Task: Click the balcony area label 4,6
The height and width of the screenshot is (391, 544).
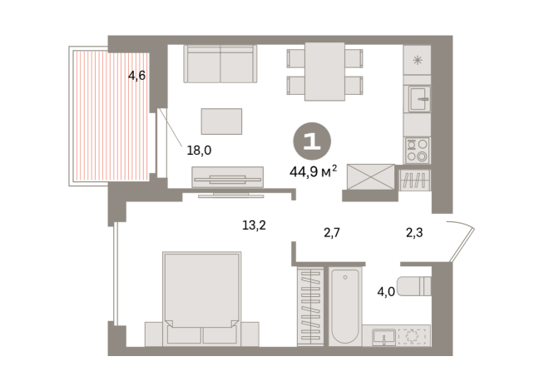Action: click(x=136, y=76)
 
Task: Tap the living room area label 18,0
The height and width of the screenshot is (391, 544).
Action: click(x=199, y=151)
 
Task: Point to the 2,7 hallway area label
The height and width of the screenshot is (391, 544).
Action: click(x=332, y=234)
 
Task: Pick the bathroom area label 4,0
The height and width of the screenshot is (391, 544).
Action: click(x=386, y=292)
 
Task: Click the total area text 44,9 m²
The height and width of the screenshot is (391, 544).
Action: click(x=313, y=171)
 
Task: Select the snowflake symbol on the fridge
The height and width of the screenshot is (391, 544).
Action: click(x=418, y=59)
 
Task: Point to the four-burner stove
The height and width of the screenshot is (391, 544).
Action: click(x=416, y=150)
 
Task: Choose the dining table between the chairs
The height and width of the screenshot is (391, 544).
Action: click(x=324, y=72)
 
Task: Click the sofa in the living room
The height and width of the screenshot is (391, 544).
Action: click(x=220, y=63)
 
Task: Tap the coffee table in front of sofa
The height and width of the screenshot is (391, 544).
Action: click(x=221, y=121)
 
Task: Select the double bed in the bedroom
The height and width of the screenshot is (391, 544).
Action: click(x=202, y=298)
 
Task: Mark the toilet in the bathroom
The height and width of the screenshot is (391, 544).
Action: click(x=413, y=286)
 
